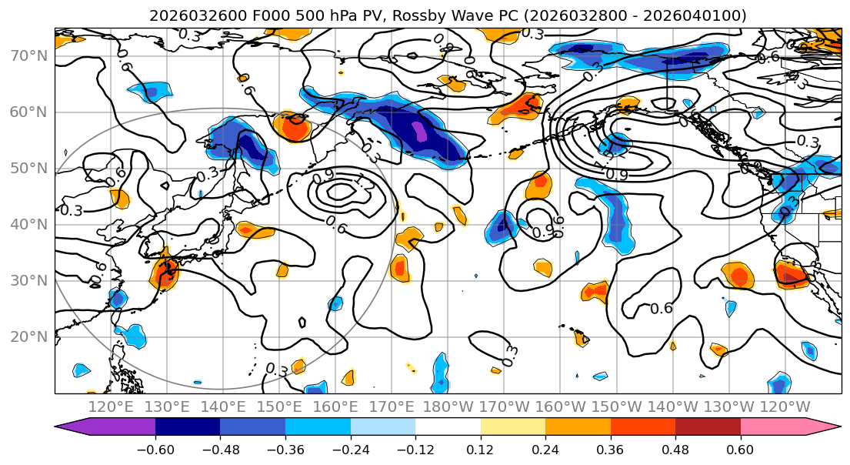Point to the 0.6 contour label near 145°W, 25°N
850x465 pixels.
[662, 309]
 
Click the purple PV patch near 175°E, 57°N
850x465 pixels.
[420, 131]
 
